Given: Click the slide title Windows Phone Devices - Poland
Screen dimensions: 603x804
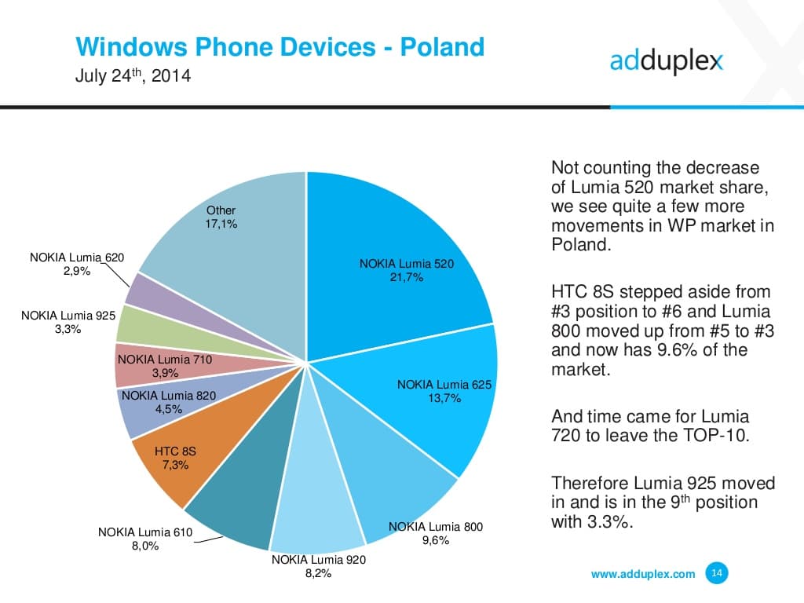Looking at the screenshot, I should point(280,47).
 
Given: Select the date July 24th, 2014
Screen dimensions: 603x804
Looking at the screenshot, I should point(133,78).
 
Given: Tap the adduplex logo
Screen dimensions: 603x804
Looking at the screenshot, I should point(666,61).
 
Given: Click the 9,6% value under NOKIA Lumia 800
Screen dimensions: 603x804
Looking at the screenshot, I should point(435,540).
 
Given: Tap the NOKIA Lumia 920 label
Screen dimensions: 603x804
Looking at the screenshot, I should point(318,560).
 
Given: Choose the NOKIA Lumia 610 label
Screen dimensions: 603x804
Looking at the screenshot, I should point(144,532).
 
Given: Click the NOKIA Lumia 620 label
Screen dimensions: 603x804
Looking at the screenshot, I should point(76,258).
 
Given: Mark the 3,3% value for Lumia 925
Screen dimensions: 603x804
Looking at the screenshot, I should point(68,330).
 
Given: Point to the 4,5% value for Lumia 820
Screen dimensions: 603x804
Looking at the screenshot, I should point(168,409).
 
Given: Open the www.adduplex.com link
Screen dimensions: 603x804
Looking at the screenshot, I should point(642,574).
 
